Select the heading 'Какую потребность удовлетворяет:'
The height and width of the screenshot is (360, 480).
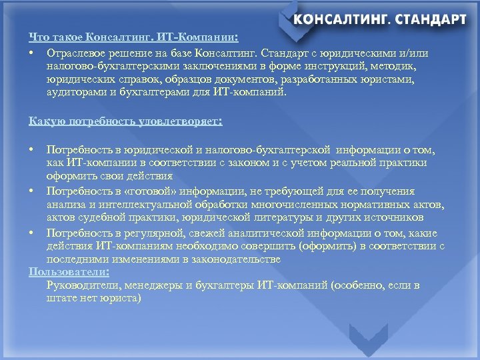[x=125, y=121]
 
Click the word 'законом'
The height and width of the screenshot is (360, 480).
[x=281, y=163]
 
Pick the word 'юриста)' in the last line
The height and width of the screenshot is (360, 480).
[x=122, y=299]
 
